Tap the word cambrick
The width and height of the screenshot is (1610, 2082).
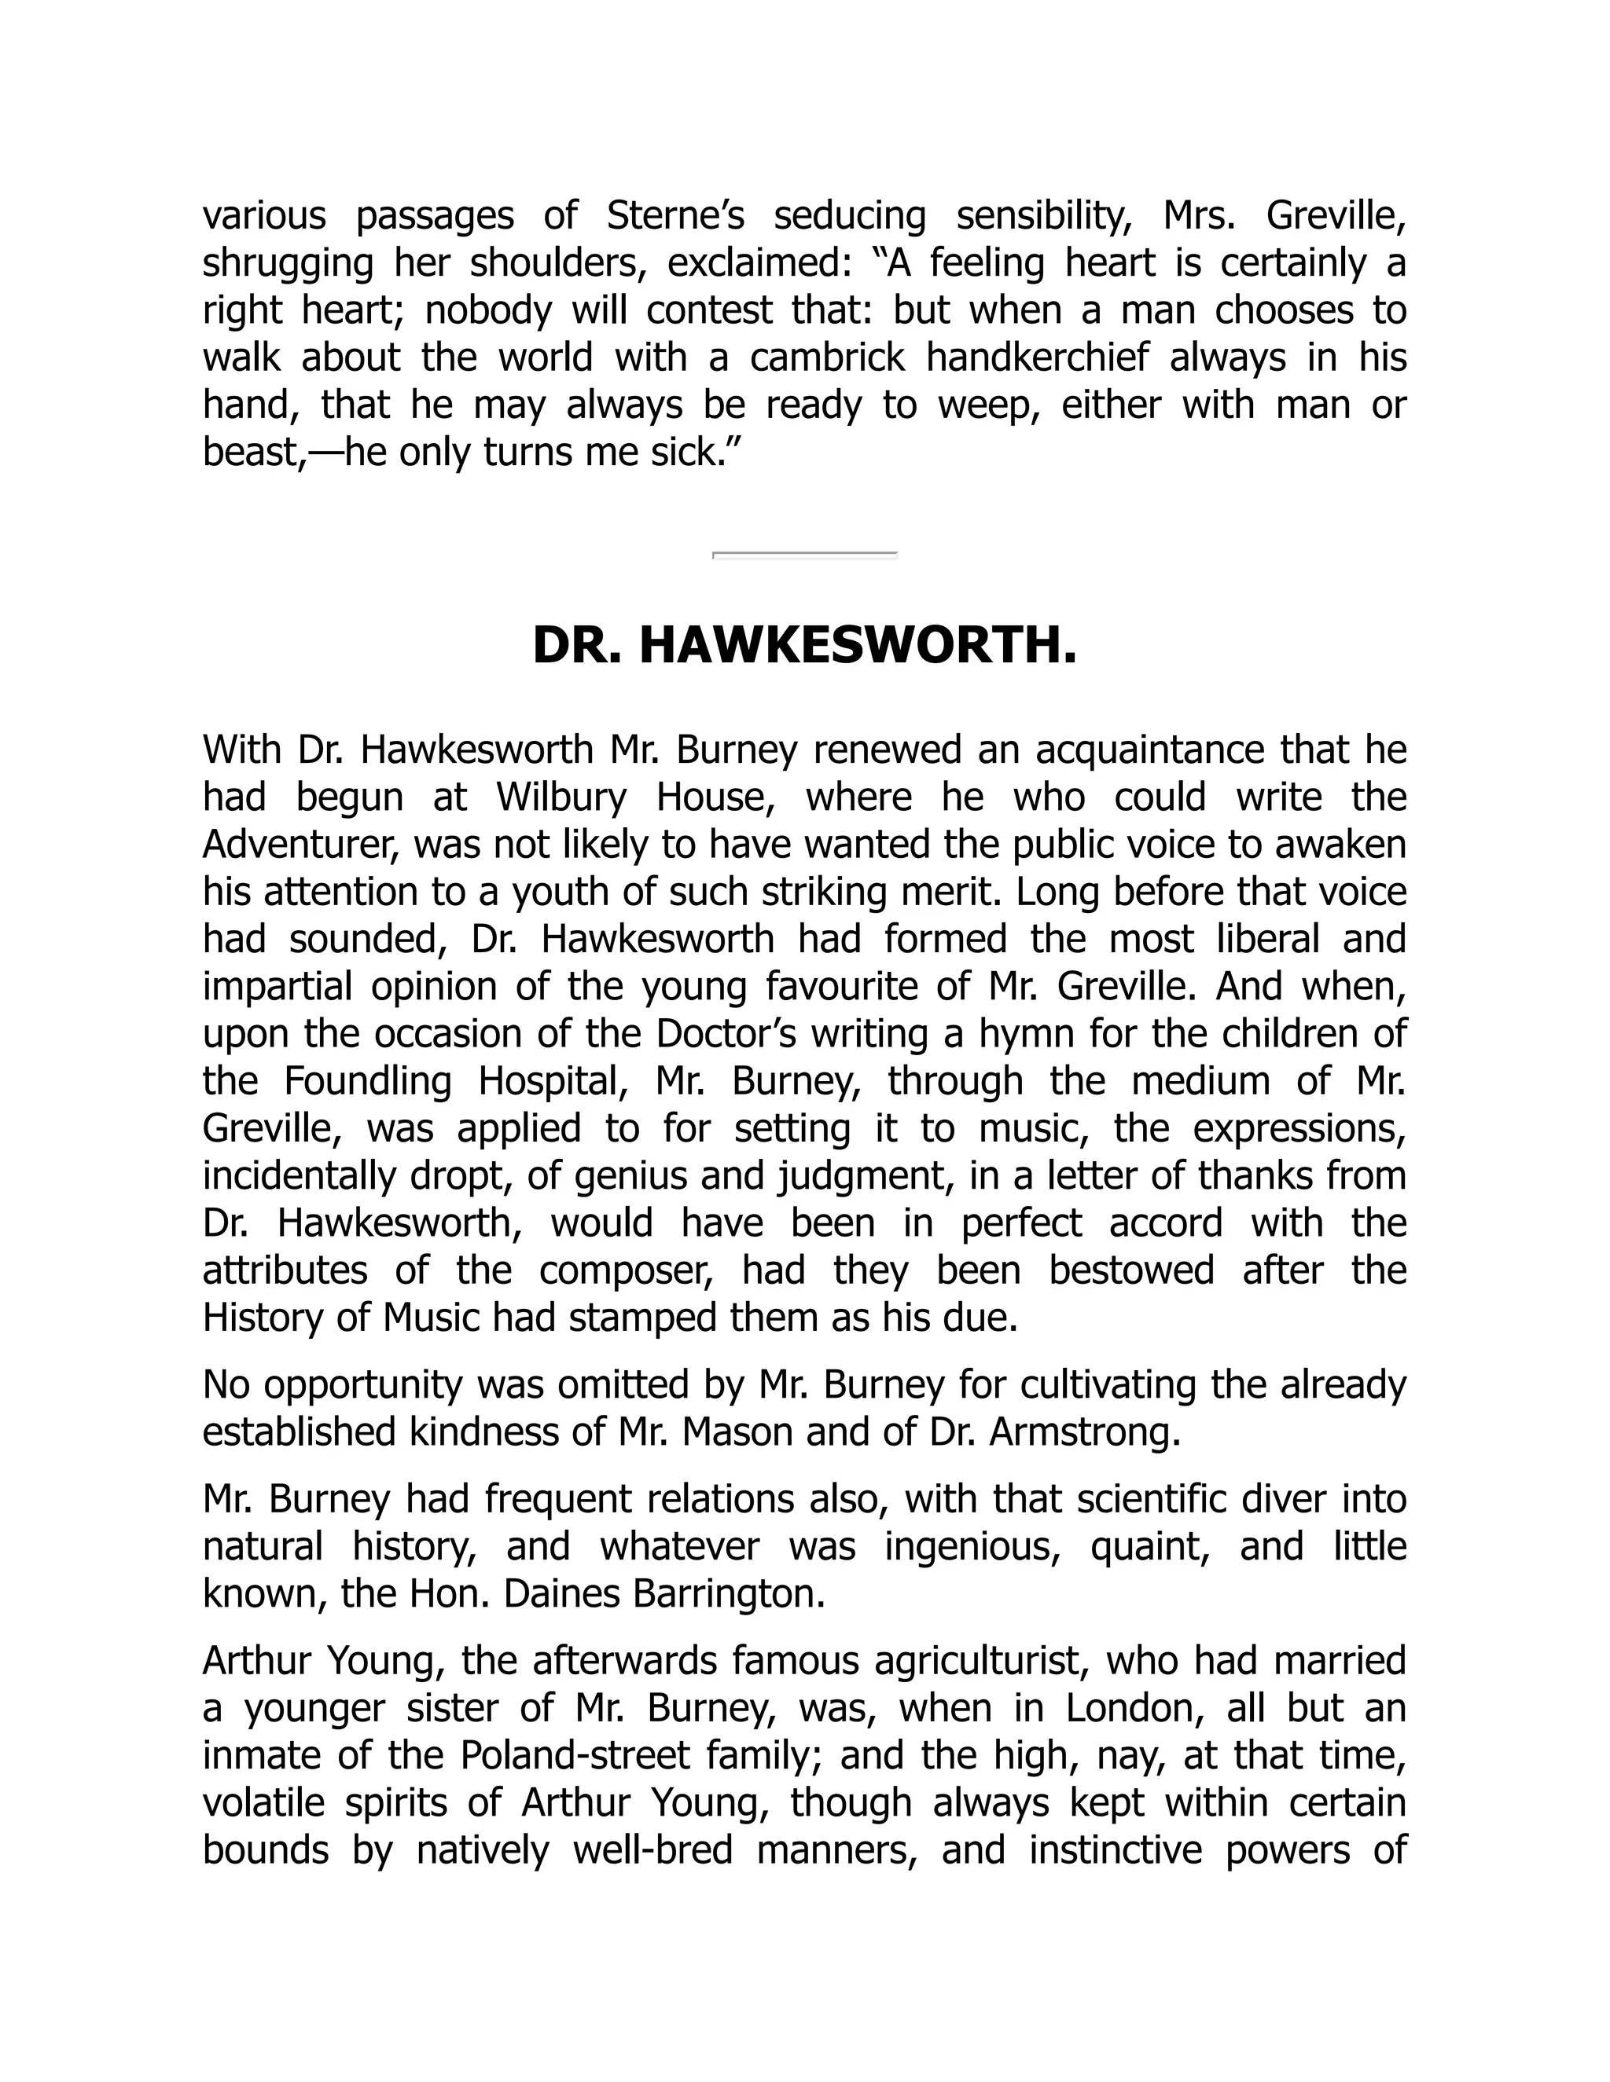click(828, 357)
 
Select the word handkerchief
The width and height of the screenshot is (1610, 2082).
click(1037, 357)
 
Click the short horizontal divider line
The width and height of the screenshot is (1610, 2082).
click(804, 554)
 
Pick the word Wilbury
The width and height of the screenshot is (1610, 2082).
click(561, 797)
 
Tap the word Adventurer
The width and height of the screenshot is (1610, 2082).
click(298, 845)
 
